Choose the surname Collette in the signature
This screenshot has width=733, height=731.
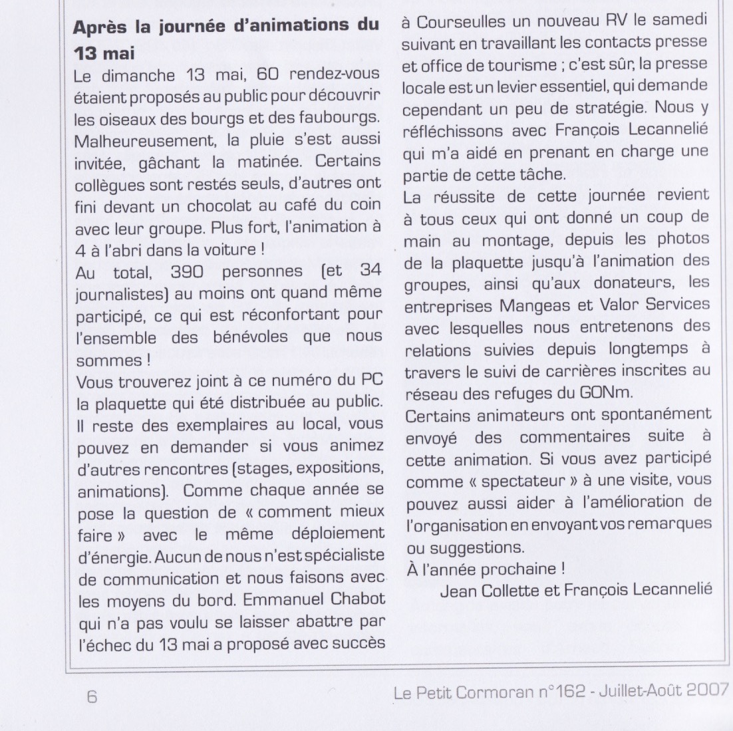coord(515,589)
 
